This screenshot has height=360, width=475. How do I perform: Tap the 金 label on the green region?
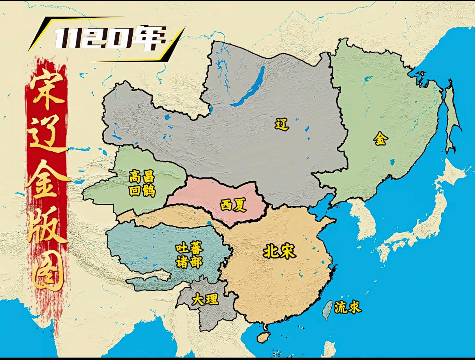click(x=381, y=139)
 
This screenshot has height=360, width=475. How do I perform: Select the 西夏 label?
click(x=233, y=205)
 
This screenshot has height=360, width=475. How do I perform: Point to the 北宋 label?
click(x=279, y=251)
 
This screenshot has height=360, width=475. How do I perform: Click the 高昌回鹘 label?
click(x=142, y=183)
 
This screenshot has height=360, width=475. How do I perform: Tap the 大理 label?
click(x=205, y=300)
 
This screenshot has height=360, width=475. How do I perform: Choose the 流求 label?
click(x=348, y=308)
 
